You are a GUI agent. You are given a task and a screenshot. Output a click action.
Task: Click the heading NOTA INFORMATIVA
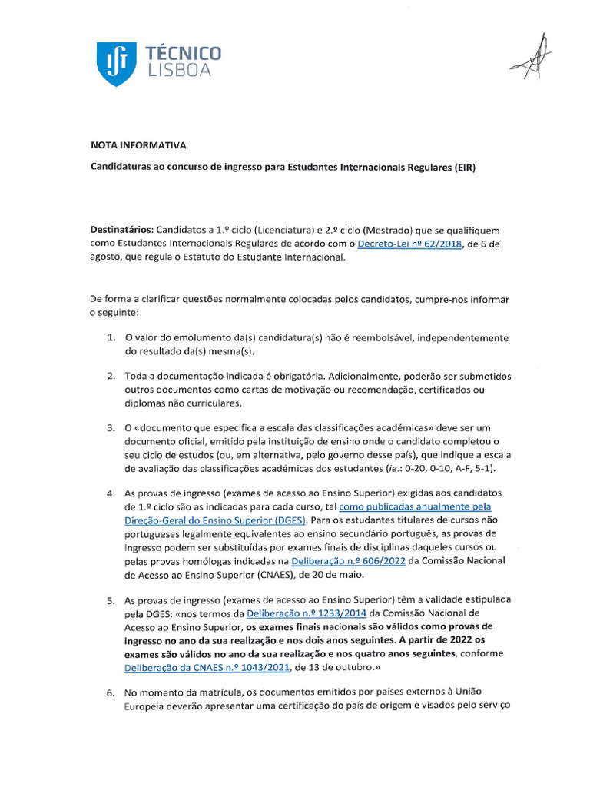[138, 144]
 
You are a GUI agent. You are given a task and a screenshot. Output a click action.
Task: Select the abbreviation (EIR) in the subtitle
[465, 167]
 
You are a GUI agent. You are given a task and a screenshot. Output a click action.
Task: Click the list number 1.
[110, 338]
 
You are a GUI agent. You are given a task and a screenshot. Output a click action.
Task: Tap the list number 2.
[110, 377]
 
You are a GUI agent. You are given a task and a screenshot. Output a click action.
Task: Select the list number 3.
[110, 427]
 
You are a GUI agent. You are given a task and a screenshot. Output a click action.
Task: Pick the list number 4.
[110, 492]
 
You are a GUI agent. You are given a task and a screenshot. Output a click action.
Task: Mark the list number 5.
[110, 599]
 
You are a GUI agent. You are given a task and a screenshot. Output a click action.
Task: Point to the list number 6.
[110, 692]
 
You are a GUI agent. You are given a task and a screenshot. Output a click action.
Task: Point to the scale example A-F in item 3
[459, 468]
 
